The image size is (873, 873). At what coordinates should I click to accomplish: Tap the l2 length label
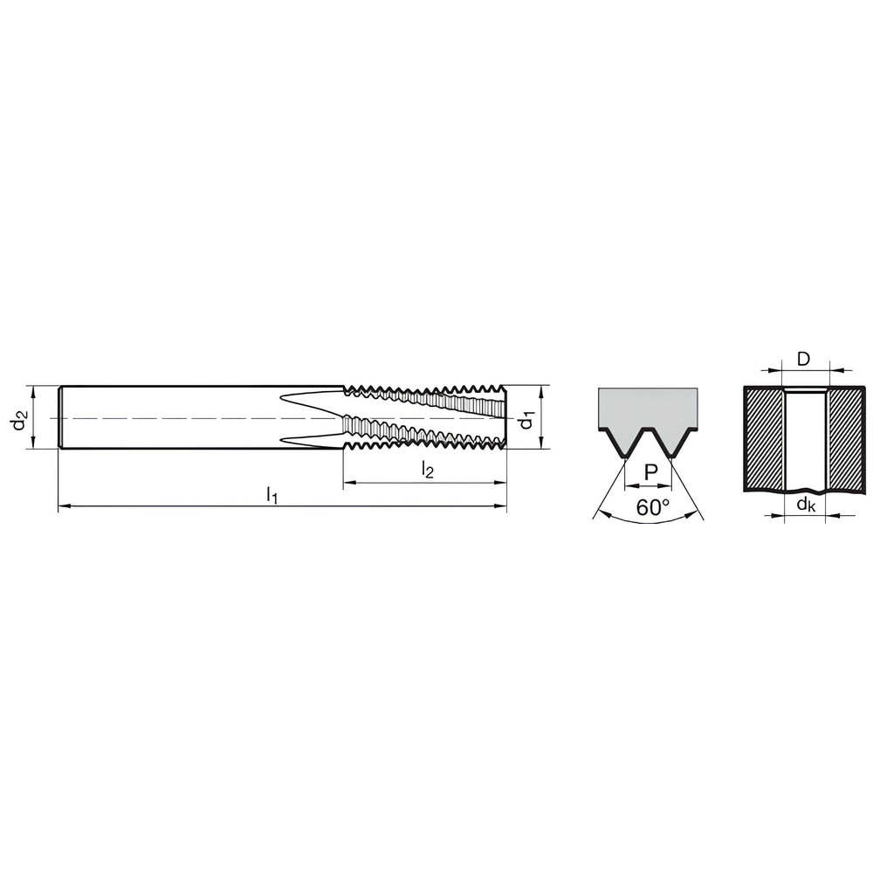(x=427, y=471)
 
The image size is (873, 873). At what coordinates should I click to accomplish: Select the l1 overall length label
(x=272, y=495)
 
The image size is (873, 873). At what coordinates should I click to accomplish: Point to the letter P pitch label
(x=650, y=472)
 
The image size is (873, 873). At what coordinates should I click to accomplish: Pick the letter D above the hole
(x=804, y=359)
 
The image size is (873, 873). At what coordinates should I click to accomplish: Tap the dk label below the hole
(x=805, y=504)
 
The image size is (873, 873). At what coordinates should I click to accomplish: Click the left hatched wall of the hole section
(x=764, y=436)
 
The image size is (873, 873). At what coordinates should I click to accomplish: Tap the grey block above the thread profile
(x=648, y=407)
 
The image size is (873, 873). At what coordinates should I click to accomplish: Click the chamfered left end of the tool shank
(x=60, y=417)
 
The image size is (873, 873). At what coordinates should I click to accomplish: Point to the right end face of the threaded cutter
(x=506, y=417)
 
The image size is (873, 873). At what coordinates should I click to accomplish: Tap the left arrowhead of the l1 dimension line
(x=62, y=505)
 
